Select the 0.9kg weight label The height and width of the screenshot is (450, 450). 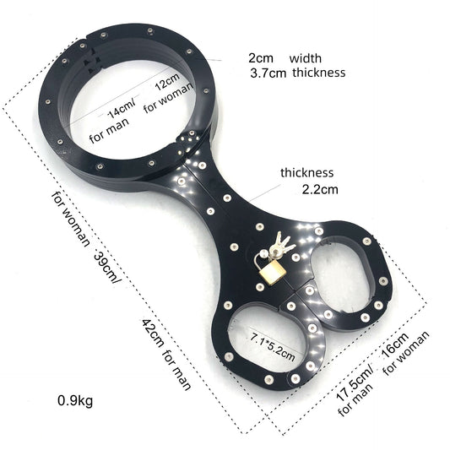[x=75, y=401]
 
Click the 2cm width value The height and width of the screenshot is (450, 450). [x=261, y=58]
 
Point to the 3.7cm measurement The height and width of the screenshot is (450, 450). [x=268, y=73]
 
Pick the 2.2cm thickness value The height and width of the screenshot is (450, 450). [x=320, y=189]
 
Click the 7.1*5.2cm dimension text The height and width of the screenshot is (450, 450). [x=273, y=347]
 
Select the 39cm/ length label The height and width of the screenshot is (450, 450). [x=107, y=268]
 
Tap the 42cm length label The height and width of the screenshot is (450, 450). [x=153, y=333]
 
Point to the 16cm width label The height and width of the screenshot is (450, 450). [x=395, y=345]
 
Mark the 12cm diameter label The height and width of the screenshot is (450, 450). [x=167, y=82]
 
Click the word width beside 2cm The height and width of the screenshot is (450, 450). [x=306, y=58]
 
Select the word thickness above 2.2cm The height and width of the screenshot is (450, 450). [x=306, y=172]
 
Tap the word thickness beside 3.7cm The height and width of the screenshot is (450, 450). [x=319, y=73]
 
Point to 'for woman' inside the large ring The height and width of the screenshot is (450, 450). [x=168, y=98]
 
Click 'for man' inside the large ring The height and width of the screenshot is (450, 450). [x=109, y=131]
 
